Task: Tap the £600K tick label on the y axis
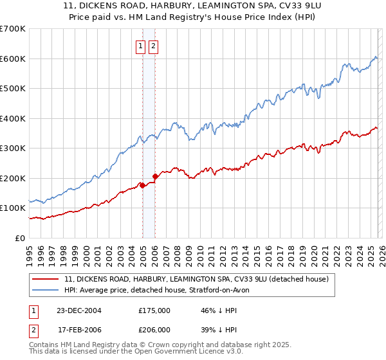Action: pos(13,59)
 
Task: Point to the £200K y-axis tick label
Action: pos(13,178)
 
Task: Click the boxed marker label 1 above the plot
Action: pos(140,46)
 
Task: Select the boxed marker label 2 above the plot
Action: pos(153,46)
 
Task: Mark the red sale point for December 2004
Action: pos(142,186)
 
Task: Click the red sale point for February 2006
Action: pos(155,176)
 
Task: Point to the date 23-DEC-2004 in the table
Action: pos(83,310)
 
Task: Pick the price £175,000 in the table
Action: pos(154,310)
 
